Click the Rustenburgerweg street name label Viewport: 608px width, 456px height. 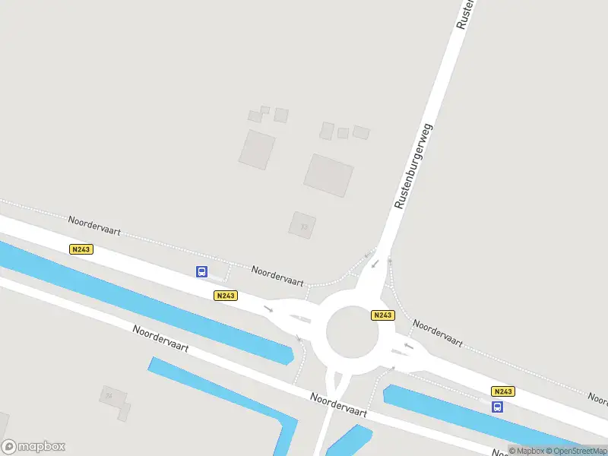click(x=413, y=166)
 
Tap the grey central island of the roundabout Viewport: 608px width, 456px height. click(x=352, y=331)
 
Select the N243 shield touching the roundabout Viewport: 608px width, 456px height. click(x=382, y=315)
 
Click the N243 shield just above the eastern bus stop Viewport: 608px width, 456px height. click(x=503, y=391)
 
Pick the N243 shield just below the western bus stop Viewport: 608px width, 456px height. click(x=225, y=296)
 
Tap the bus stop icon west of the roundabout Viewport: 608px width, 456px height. click(x=202, y=271)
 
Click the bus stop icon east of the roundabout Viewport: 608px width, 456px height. click(x=498, y=407)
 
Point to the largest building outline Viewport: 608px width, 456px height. click(x=329, y=175)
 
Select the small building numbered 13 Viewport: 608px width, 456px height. click(x=302, y=224)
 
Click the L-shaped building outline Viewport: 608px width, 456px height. click(x=114, y=401)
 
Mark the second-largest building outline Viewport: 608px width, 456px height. click(x=257, y=149)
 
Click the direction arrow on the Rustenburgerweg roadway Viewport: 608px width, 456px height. click(x=375, y=264)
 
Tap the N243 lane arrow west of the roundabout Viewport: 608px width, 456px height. click(x=268, y=309)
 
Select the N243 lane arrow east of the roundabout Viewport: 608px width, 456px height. click(x=408, y=347)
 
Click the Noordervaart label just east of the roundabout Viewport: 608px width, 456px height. click(x=438, y=333)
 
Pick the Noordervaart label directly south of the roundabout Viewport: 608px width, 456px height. click(x=338, y=404)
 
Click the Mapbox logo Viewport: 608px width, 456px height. click(x=33, y=447)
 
